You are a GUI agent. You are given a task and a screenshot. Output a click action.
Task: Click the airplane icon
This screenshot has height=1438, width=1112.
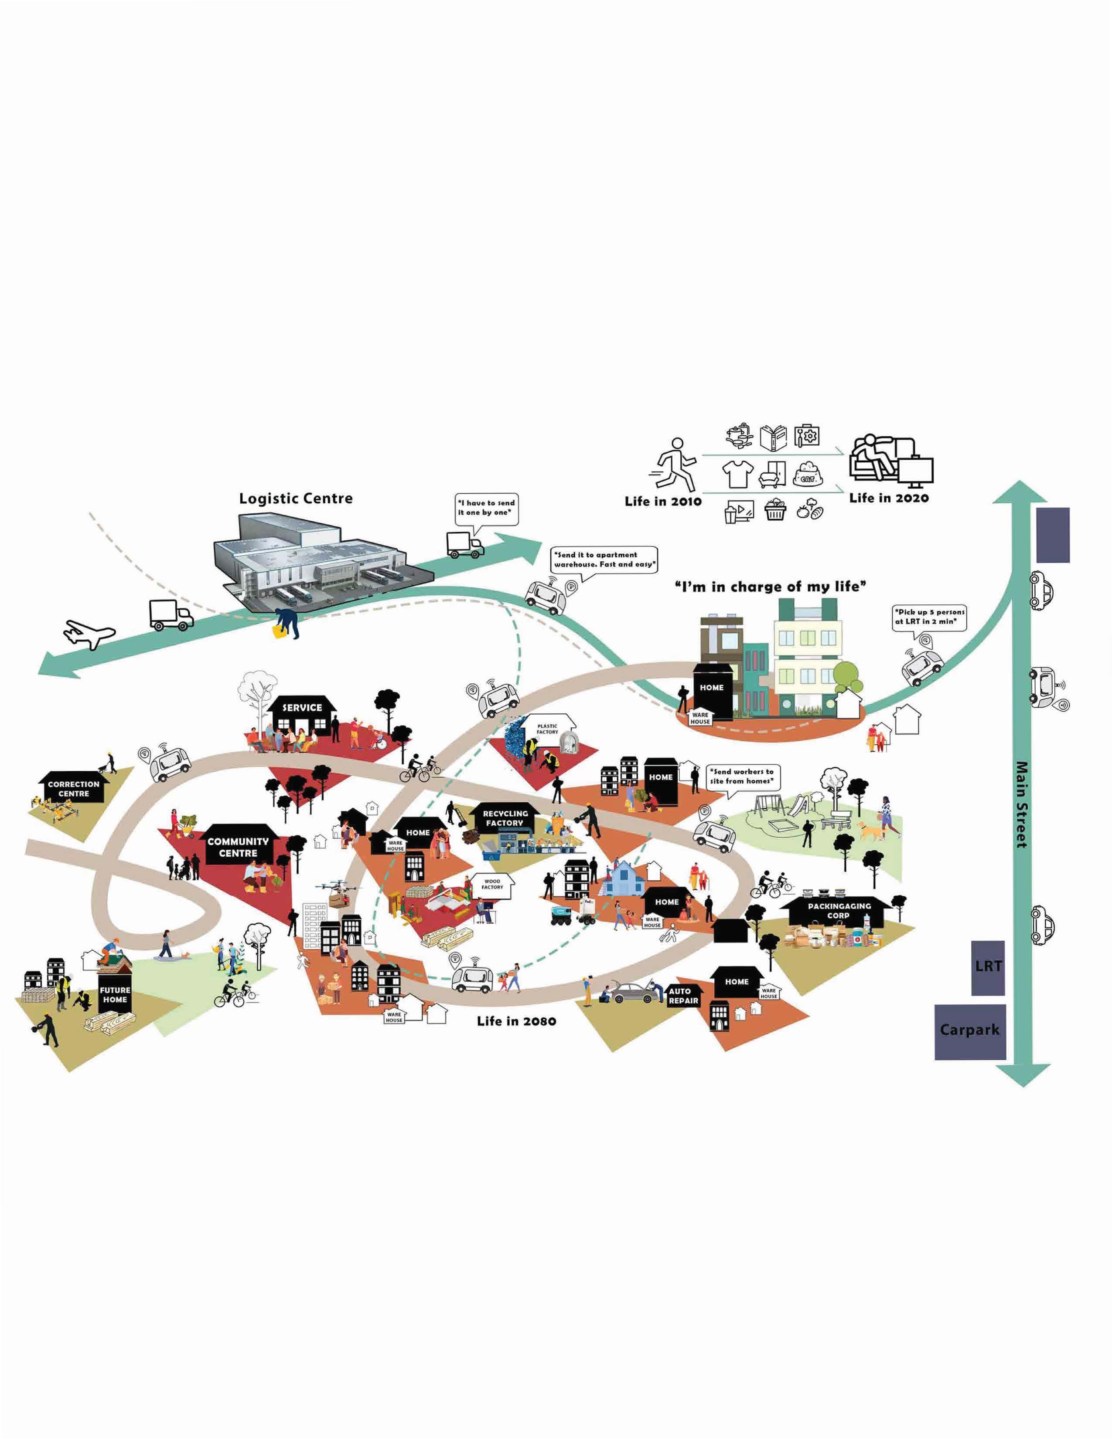point(89,634)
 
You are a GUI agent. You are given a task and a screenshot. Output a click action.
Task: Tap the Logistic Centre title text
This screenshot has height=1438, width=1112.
point(296,499)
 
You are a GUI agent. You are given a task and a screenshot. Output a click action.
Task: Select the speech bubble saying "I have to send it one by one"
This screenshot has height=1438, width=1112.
point(487,508)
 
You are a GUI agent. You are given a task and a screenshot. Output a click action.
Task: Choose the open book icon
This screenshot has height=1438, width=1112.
point(774,437)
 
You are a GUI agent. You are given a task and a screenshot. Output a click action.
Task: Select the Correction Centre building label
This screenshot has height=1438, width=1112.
point(74,788)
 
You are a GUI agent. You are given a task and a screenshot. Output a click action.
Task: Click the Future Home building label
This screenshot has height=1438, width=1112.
point(115,994)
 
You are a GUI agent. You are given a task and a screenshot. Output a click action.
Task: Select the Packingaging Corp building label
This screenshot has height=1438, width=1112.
point(839,911)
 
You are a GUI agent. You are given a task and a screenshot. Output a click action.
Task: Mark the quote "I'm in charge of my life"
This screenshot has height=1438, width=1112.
point(770,586)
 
